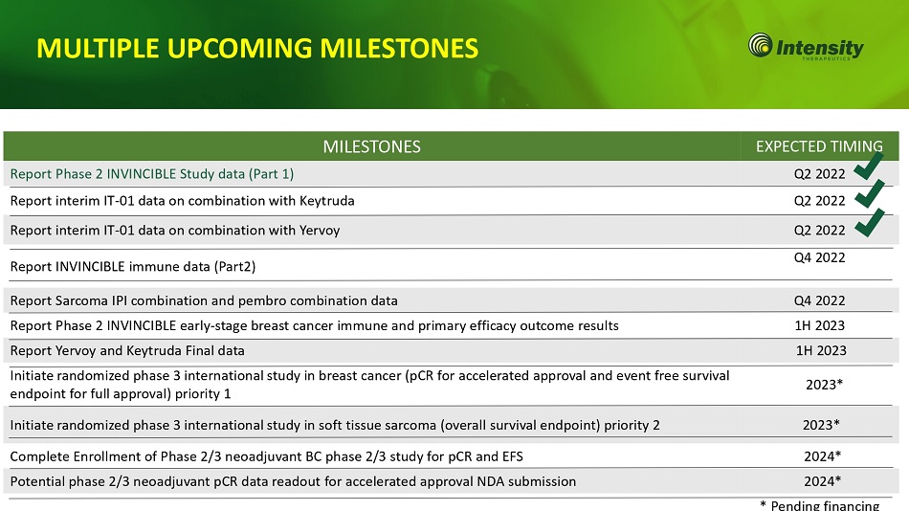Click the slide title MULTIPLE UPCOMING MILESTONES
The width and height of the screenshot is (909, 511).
point(257,48)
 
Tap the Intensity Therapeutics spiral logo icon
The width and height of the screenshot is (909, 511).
point(760,45)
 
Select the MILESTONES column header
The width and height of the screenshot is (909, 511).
point(371,146)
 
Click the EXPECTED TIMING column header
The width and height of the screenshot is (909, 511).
point(819,146)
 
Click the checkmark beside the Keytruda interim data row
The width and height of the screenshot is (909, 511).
point(869,193)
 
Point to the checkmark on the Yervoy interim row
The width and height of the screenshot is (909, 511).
point(869,223)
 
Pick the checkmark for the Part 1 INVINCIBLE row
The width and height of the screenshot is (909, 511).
point(869,167)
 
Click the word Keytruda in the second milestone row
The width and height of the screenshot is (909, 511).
point(326,201)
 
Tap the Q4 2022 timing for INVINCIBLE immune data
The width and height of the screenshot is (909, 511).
point(819,257)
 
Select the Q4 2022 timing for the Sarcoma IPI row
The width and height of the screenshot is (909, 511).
point(819,300)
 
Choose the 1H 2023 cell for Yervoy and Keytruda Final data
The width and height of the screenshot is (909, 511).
point(821,350)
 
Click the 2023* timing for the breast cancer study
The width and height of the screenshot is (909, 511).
point(824,385)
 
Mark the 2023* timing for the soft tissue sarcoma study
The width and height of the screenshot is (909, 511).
point(821,425)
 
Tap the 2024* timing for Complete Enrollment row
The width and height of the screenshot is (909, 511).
point(822,456)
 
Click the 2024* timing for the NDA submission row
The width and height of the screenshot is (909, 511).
point(822,481)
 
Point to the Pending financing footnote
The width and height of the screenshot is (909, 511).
point(820,505)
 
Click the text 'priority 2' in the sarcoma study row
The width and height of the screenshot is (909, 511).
point(632,426)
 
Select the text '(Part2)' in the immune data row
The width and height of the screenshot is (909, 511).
point(234,267)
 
